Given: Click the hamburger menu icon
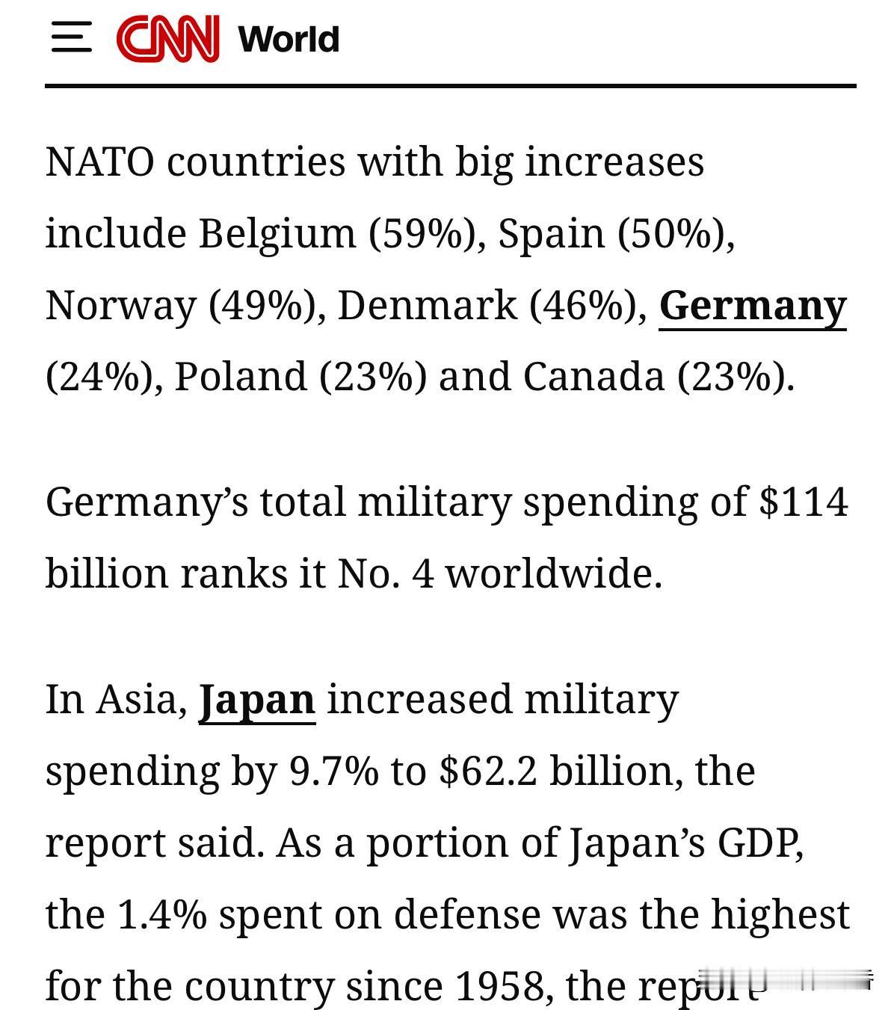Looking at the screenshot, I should tap(71, 37).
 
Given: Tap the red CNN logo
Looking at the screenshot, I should tap(167, 38).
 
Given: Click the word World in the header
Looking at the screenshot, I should tap(289, 39).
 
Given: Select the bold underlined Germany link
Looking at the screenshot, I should tap(752, 306).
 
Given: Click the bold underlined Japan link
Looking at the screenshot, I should tap(256, 700).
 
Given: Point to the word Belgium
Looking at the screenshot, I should tap(277, 233).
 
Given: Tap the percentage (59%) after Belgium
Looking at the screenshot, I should tap(422, 233).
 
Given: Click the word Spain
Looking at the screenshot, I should tap(551, 233).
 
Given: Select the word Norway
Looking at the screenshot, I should tap(120, 305).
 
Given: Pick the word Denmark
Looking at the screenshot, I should tap(427, 305).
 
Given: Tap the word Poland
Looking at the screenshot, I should tap(240, 376).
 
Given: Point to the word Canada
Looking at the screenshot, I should tap(593, 376).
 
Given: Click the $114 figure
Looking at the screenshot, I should tap(803, 502).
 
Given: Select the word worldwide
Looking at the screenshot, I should tap(554, 573).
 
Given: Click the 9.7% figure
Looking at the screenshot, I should tap(333, 771).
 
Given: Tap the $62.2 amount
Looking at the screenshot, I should tap(488, 771).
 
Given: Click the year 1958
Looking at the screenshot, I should tap(499, 986).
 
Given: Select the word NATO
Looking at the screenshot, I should tap(100, 161).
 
